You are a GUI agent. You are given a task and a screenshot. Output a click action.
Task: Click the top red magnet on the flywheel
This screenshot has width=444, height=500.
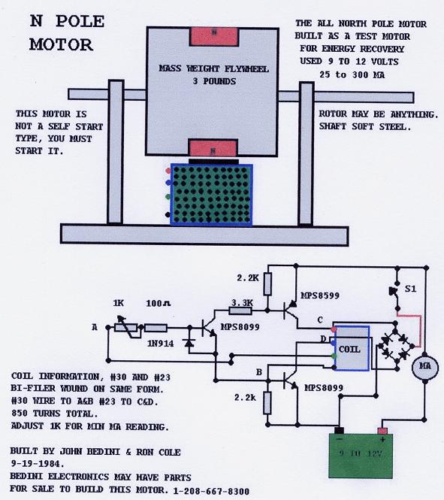(x=214, y=37)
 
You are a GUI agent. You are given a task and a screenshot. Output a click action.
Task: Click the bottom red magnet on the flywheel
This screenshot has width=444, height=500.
(x=213, y=148)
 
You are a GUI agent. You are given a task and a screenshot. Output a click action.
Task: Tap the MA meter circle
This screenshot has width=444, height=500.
(x=425, y=367)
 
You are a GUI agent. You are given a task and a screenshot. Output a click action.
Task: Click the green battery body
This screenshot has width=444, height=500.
(x=361, y=456)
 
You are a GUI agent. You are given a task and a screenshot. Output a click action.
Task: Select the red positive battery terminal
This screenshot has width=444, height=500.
(x=382, y=431)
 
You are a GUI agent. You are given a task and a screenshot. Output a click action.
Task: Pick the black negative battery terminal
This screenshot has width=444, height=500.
(x=339, y=431)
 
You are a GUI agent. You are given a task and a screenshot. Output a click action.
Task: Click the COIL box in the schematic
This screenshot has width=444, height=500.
(x=352, y=348)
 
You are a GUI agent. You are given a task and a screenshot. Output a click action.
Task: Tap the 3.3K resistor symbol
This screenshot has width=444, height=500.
(x=240, y=310)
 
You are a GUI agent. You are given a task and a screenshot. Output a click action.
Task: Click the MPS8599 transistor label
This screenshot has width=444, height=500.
(x=320, y=295)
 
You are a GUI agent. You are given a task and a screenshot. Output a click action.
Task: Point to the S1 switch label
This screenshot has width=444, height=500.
(x=410, y=289)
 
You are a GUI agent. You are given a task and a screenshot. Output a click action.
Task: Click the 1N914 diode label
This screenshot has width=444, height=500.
(x=160, y=344)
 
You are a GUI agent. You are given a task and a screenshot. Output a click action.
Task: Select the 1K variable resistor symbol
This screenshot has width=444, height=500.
(x=125, y=327)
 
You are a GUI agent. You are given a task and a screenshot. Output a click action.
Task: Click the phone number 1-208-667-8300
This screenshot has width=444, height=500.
(x=211, y=491)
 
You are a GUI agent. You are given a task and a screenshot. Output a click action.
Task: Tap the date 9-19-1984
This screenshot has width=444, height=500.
(x=38, y=463)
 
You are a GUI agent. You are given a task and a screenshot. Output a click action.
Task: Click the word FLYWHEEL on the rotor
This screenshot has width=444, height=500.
(x=246, y=69)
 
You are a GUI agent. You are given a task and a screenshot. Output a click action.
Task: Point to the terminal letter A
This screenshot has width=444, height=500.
(x=95, y=327)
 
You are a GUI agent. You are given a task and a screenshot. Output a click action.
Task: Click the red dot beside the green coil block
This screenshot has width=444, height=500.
(x=168, y=171)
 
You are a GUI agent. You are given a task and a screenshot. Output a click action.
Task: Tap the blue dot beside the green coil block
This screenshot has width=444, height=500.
(x=168, y=183)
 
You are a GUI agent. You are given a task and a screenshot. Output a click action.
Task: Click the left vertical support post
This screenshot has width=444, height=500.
(x=115, y=152)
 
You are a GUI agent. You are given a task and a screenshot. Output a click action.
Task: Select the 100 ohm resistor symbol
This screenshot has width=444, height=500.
(x=156, y=328)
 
